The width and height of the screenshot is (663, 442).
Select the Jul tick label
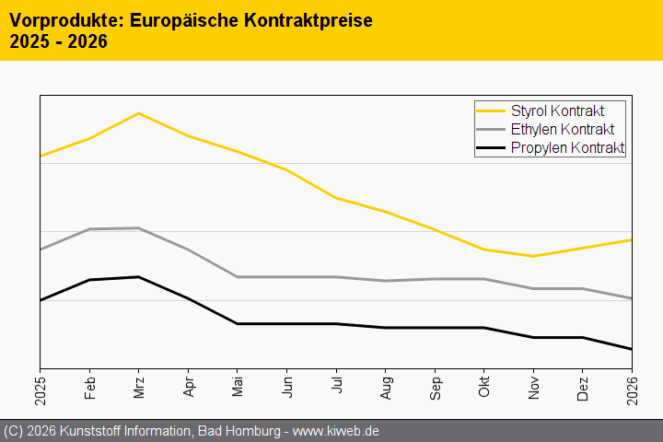tap(337, 386)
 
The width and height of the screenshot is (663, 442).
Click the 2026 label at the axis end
tap(632, 390)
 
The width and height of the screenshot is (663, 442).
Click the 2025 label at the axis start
tap(41, 390)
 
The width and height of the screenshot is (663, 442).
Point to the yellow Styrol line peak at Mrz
tap(138, 113)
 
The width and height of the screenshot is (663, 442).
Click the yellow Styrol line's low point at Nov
tap(533, 256)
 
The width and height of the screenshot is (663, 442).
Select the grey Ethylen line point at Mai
tap(238, 277)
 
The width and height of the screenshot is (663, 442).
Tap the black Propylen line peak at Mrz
tap(138, 276)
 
